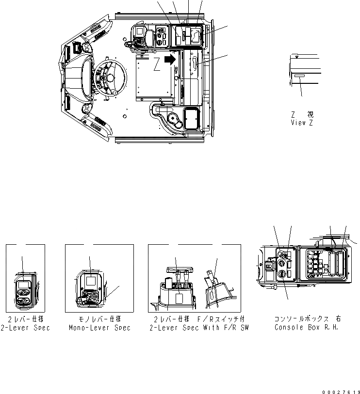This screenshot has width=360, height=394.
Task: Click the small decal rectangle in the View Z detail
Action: [x=298, y=78]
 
